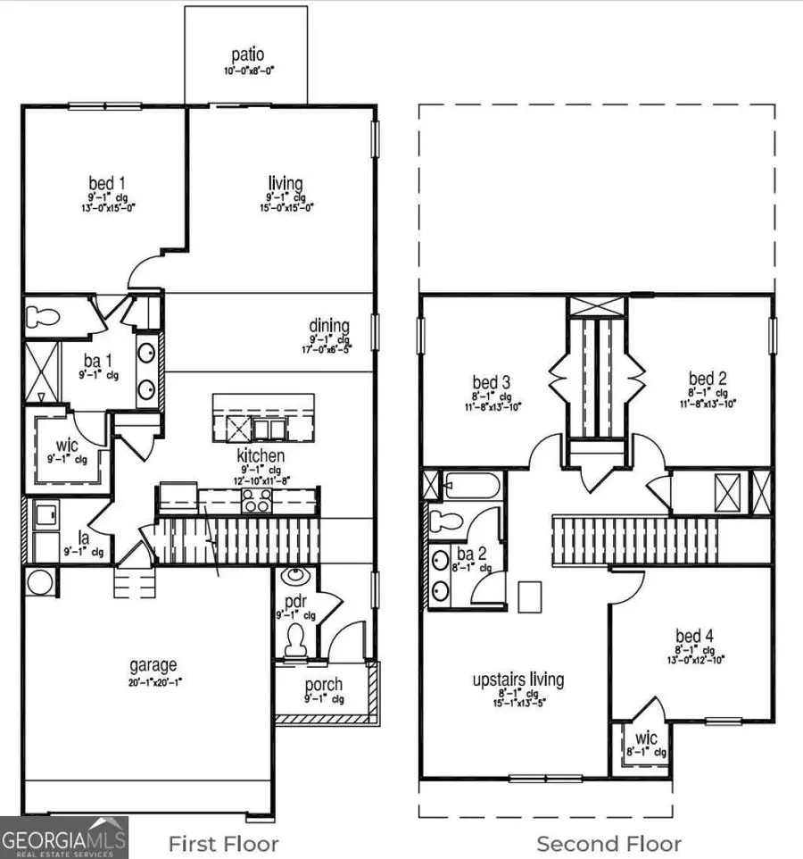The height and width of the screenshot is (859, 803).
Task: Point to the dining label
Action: tap(329, 326)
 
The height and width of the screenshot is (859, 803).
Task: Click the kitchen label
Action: tap(261, 456)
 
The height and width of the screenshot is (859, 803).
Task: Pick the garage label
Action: tap(153, 664)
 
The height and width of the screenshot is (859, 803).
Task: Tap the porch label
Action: tap(323, 685)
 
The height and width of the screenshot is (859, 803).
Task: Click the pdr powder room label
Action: tap(296, 602)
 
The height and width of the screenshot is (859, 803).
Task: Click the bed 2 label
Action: tap(707, 379)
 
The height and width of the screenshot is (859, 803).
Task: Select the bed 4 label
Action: tap(694, 636)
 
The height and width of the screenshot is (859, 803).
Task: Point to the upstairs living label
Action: tap(518, 680)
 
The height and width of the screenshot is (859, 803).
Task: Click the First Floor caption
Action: tap(224, 844)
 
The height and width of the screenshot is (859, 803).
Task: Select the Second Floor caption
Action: tap(608, 844)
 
